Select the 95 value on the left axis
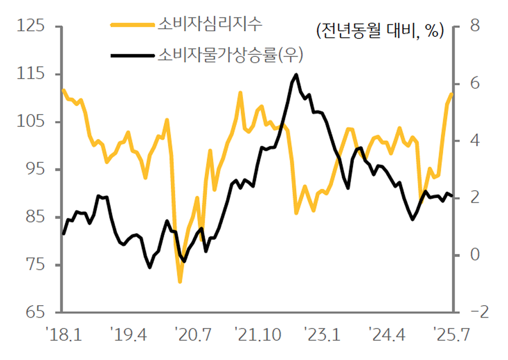[x=36, y=170]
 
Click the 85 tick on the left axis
[x=36, y=218]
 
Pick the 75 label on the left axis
[x=36, y=265]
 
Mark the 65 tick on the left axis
[x=36, y=313]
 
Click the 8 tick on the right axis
[x=473, y=26]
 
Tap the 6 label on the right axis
[x=473, y=83]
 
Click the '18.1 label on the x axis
[x=66, y=335]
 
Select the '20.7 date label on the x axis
[x=194, y=335]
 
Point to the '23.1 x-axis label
[x=323, y=335]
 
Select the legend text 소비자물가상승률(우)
[x=230, y=55]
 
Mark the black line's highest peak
[x=296, y=75]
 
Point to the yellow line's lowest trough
[x=180, y=282]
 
